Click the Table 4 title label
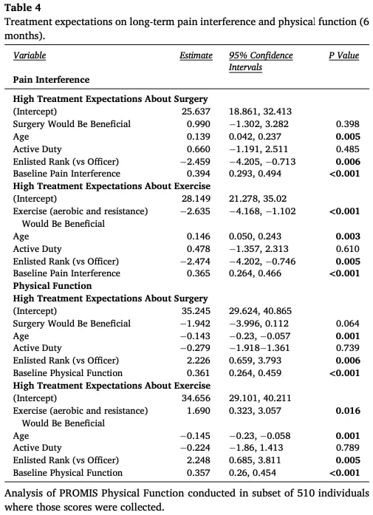point(23,7)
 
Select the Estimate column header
point(196,55)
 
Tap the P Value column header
point(343,55)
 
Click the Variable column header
point(30,55)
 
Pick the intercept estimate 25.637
point(196,112)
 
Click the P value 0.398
point(348,124)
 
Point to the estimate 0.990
point(199,124)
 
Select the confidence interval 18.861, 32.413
point(260,112)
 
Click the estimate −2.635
point(196,211)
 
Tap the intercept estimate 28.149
point(196,198)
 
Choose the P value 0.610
point(348,248)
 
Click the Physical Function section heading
point(52,286)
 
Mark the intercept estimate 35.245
point(196,311)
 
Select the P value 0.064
point(348,323)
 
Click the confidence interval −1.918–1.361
point(259,348)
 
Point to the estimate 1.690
point(199,411)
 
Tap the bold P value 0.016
point(348,411)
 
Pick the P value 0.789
point(348,447)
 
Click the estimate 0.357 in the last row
point(199,473)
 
